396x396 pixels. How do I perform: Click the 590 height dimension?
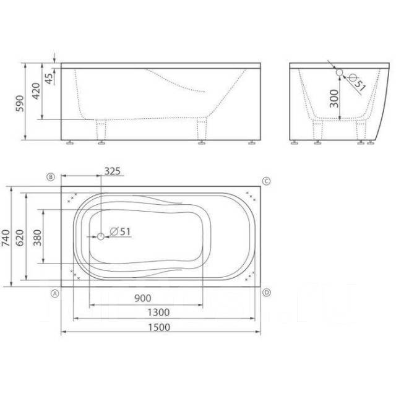[x=20, y=103]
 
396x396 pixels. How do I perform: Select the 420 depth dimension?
[x=36, y=91]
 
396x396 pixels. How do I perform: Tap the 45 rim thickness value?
[x=49, y=79]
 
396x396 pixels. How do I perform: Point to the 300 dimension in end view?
[x=334, y=98]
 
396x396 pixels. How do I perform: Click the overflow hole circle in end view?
[x=339, y=73]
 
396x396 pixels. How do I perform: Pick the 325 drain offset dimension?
[x=113, y=171]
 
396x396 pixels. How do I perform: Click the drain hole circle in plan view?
[x=101, y=236]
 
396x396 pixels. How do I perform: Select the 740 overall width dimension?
[x=6, y=238]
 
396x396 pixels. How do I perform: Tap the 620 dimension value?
[x=20, y=238]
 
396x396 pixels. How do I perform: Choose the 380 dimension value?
[x=37, y=238]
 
